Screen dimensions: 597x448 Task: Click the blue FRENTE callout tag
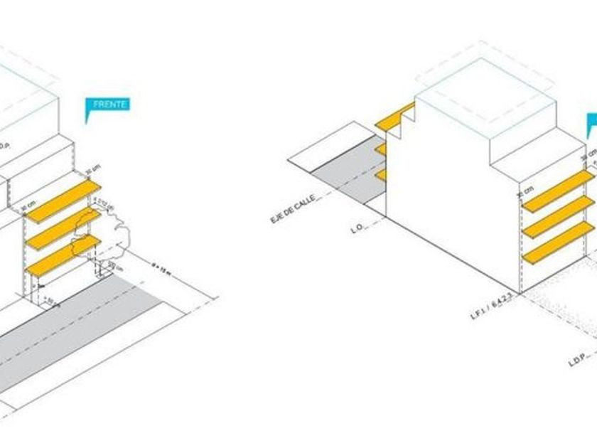[107, 105]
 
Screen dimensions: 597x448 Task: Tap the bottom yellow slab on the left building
[63, 256]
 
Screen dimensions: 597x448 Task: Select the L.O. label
[357, 229]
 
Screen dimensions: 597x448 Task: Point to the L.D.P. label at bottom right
[576, 362]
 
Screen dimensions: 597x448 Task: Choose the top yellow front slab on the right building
[559, 191]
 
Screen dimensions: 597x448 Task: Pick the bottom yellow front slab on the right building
[559, 244]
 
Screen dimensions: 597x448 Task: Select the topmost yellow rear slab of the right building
[395, 117]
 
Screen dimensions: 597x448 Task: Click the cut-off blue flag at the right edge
[591, 124]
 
